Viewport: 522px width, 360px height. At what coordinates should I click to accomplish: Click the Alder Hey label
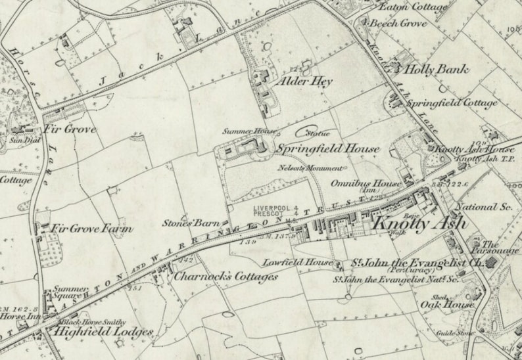point(306,81)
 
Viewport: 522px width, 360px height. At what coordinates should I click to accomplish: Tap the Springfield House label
point(327,149)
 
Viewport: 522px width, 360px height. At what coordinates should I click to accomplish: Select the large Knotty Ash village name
point(419,223)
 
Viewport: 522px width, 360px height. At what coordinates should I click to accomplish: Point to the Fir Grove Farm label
point(91,229)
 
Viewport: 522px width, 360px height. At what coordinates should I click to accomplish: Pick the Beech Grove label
point(398,23)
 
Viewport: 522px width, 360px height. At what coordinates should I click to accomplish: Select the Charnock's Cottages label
point(225,277)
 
